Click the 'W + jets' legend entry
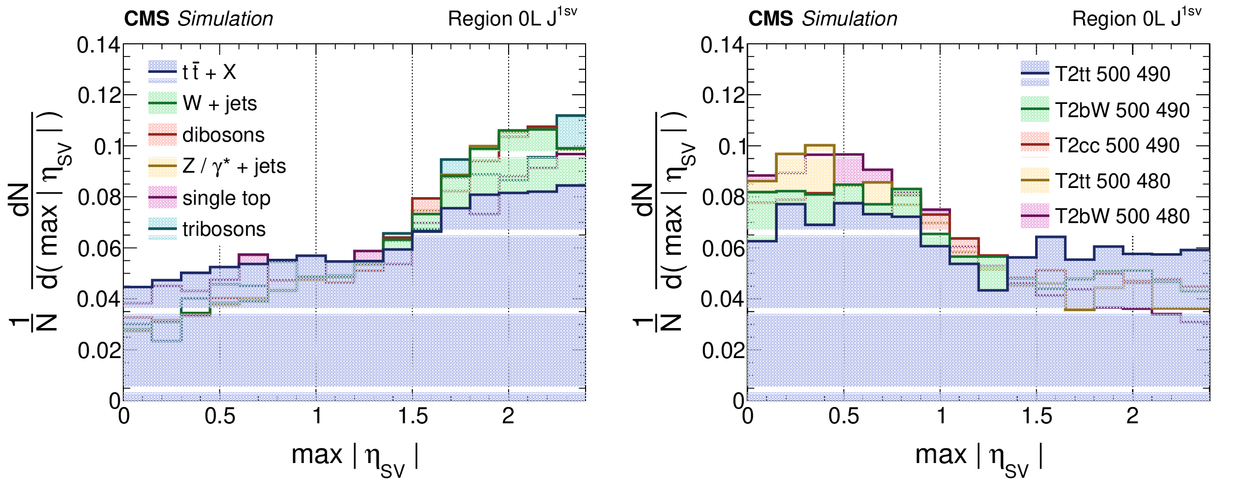pos(219,104)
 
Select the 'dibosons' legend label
pos(223,135)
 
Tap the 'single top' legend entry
pos(226,198)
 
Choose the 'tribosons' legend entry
pos(224,230)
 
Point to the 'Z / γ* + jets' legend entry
pos(234,167)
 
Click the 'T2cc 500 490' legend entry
pos(1117,146)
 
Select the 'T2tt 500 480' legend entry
pos(1112,181)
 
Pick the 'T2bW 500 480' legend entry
pos(1122,216)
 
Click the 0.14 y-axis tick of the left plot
pos(98,45)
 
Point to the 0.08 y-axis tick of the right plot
pos(723,198)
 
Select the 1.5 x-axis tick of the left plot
pos(413,417)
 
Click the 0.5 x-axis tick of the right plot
pos(843,417)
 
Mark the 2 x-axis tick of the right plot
pos(1132,417)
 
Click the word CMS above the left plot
pos(147,19)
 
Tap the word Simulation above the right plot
pos(849,19)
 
